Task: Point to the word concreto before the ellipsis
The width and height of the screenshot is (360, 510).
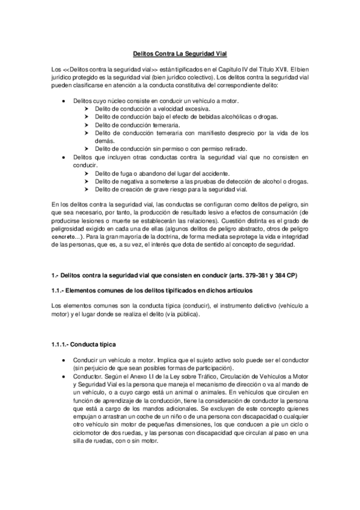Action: [64, 238]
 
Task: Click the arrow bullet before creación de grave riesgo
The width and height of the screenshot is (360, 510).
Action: [87, 189]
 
